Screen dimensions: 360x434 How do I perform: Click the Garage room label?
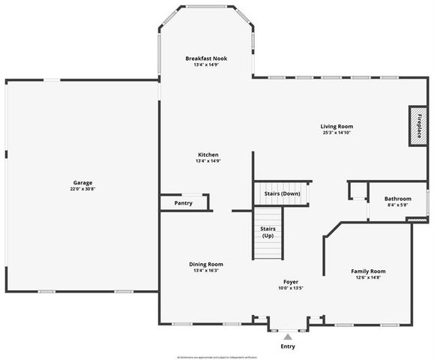click(82, 183)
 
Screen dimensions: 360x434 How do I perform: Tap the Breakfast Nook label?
click(206, 58)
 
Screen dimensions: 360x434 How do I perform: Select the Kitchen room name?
click(208, 154)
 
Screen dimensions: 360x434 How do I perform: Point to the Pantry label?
click(183, 203)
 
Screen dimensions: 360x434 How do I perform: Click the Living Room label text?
click(337, 127)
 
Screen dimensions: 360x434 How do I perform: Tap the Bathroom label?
click(398, 199)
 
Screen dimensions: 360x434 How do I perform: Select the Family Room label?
click(368, 271)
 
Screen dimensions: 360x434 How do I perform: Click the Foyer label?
click(290, 280)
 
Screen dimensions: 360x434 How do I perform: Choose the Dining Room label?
click(205, 264)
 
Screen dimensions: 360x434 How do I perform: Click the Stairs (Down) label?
click(282, 193)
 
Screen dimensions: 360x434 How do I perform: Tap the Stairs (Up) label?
click(268, 232)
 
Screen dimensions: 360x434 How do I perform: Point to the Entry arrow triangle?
click(287, 337)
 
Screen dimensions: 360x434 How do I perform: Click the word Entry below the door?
click(288, 346)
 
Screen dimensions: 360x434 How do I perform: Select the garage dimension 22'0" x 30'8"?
click(82, 189)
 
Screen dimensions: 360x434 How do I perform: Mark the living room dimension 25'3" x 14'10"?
click(337, 133)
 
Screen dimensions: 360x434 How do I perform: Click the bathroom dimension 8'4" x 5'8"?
click(398, 205)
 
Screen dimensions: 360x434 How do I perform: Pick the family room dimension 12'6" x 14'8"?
click(368, 277)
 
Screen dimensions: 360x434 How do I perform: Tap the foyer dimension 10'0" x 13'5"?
click(290, 287)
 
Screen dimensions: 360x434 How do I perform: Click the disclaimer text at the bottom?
click(217, 356)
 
